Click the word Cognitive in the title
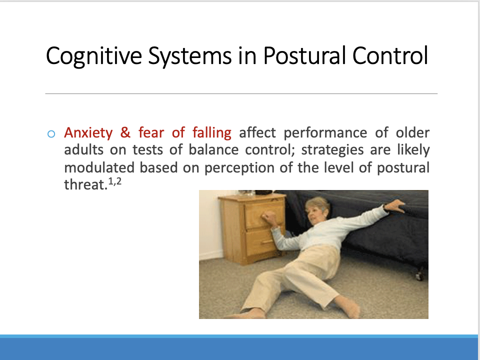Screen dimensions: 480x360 94,56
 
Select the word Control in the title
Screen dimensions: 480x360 390,55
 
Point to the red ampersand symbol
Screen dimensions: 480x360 125,132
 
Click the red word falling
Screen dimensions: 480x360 212,133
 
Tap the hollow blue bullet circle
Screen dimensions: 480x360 51,134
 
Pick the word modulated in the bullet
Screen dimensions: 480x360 99,168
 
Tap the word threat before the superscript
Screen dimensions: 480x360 85,184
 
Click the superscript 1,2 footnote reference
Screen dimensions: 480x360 115,182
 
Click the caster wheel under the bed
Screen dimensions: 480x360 420,275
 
